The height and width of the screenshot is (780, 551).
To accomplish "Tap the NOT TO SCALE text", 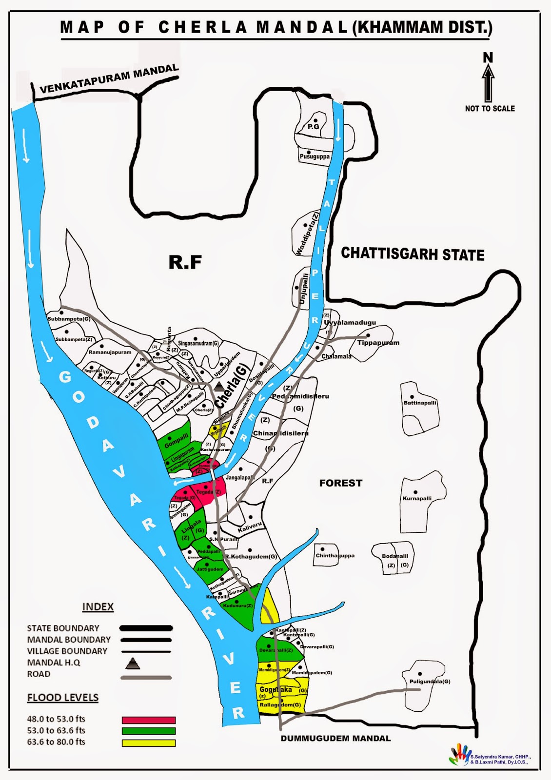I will click(x=490, y=109).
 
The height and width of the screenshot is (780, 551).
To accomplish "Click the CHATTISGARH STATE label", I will click(x=413, y=254).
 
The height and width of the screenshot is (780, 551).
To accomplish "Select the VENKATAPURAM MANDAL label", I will click(x=109, y=78).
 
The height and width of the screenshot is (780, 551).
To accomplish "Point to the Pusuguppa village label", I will click(x=315, y=157).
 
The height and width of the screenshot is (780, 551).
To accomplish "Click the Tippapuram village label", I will click(x=378, y=343).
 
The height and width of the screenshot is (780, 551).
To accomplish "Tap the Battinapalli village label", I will click(x=420, y=403).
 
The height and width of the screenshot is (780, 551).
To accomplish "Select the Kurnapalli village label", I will click(x=417, y=498).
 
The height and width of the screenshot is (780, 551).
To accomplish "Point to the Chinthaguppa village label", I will click(x=335, y=556).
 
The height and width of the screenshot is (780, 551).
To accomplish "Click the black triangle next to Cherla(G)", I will click(x=219, y=387).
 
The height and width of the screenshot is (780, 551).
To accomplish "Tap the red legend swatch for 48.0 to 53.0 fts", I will click(x=149, y=720).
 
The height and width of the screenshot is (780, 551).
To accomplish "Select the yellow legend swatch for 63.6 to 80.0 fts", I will click(x=149, y=743).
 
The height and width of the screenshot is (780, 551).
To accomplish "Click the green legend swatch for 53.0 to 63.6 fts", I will click(x=149, y=731).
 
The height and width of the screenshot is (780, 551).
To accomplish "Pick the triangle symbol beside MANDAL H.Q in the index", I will click(x=133, y=663).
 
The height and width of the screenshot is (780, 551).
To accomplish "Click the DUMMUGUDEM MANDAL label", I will click(x=335, y=738).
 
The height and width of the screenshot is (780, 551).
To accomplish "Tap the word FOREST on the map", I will click(x=341, y=483).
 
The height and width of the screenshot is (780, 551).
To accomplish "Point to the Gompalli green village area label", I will click(x=177, y=441).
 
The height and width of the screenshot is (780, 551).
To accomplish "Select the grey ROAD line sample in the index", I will click(x=146, y=678).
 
